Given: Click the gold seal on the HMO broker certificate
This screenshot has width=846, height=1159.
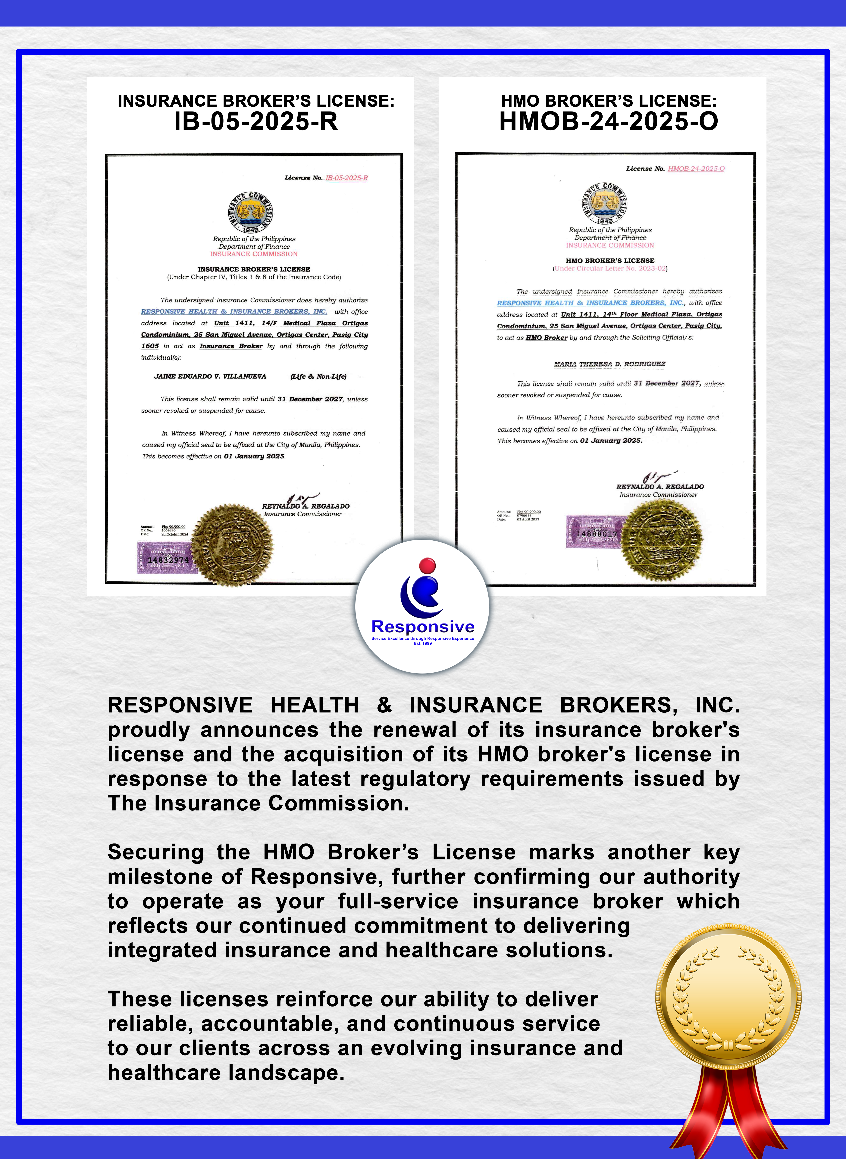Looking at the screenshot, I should pos(662,540).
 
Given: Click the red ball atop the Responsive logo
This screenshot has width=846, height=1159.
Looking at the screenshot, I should pos(427,565).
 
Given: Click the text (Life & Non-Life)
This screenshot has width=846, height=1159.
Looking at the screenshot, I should pos(318,376).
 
